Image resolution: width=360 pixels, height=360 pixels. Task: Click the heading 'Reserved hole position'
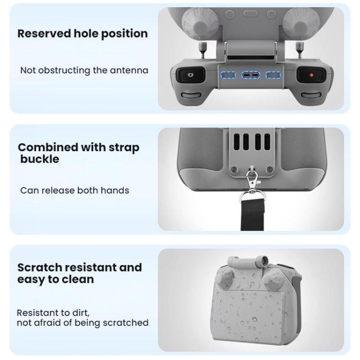click(x=83, y=34)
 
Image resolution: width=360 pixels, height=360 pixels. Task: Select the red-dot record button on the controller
click(x=312, y=75)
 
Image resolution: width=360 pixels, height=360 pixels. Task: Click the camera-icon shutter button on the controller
click(x=190, y=74)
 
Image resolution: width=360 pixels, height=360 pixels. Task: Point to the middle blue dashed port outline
click(x=251, y=75)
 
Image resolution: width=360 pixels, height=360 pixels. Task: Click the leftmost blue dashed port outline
click(x=228, y=75)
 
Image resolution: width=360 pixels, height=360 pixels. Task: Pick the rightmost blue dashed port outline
click(x=273, y=75)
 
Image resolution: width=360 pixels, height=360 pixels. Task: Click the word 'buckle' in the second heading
click(x=40, y=159)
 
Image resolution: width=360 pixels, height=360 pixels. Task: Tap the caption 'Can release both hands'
click(x=74, y=191)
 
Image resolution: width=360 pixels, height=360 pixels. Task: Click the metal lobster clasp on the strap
click(x=252, y=180)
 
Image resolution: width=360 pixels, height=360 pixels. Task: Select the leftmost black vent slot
click(x=237, y=142)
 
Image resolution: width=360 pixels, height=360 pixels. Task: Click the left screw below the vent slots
click(x=234, y=170)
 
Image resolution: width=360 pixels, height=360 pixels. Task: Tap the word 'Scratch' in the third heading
click(x=39, y=267)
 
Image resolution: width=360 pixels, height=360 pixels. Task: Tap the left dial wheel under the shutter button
click(x=191, y=95)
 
